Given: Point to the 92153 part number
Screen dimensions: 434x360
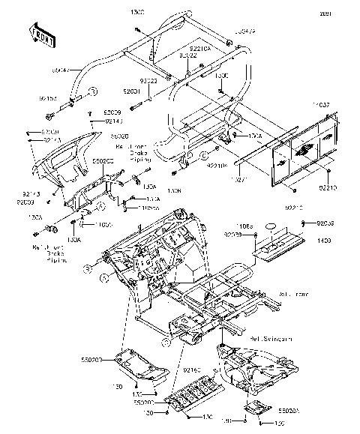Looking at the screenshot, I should [48, 98].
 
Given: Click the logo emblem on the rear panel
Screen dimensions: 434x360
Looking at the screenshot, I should [301, 153].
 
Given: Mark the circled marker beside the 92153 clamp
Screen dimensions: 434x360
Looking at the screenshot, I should [94, 91].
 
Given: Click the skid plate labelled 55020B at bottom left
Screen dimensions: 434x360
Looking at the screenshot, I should [147, 365].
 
